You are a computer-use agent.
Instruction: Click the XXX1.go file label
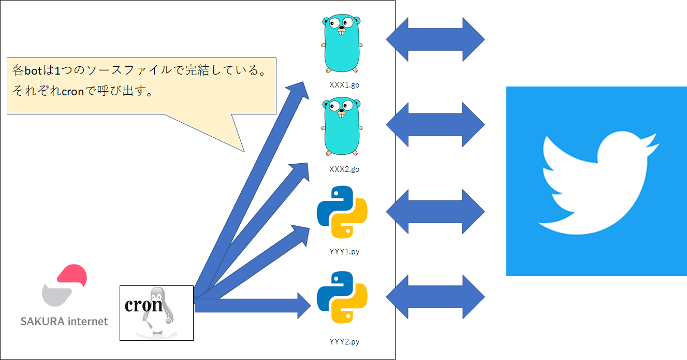[x=344, y=85]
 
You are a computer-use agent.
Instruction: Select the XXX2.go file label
[x=344, y=169]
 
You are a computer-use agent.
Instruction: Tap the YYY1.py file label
[x=344, y=252]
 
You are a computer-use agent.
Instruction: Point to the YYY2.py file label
[x=344, y=341]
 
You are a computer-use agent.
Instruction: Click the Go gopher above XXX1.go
[x=342, y=44]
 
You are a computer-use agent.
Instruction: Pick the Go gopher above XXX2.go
[x=342, y=126]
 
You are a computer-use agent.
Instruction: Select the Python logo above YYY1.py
[x=342, y=212]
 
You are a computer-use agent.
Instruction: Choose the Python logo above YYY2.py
[x=342, y=297]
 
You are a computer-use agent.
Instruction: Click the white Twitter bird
[x=598, y=183]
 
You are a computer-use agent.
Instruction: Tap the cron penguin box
[x=156, y=313]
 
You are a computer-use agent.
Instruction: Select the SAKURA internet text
[x=64, y=321]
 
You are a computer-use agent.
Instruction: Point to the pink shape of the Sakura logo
[x=72, y=275]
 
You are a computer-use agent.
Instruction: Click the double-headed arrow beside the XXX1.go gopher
[x=435, y=39]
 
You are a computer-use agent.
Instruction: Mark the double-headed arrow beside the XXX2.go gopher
[x=435, y=125]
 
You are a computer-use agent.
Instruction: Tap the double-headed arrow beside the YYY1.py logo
[x=435, y=212]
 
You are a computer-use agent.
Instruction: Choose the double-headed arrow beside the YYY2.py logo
[x=435, y=297]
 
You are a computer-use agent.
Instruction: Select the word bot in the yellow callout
[x=33, y=71]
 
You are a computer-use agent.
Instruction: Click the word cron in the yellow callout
[x=72, y=92]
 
